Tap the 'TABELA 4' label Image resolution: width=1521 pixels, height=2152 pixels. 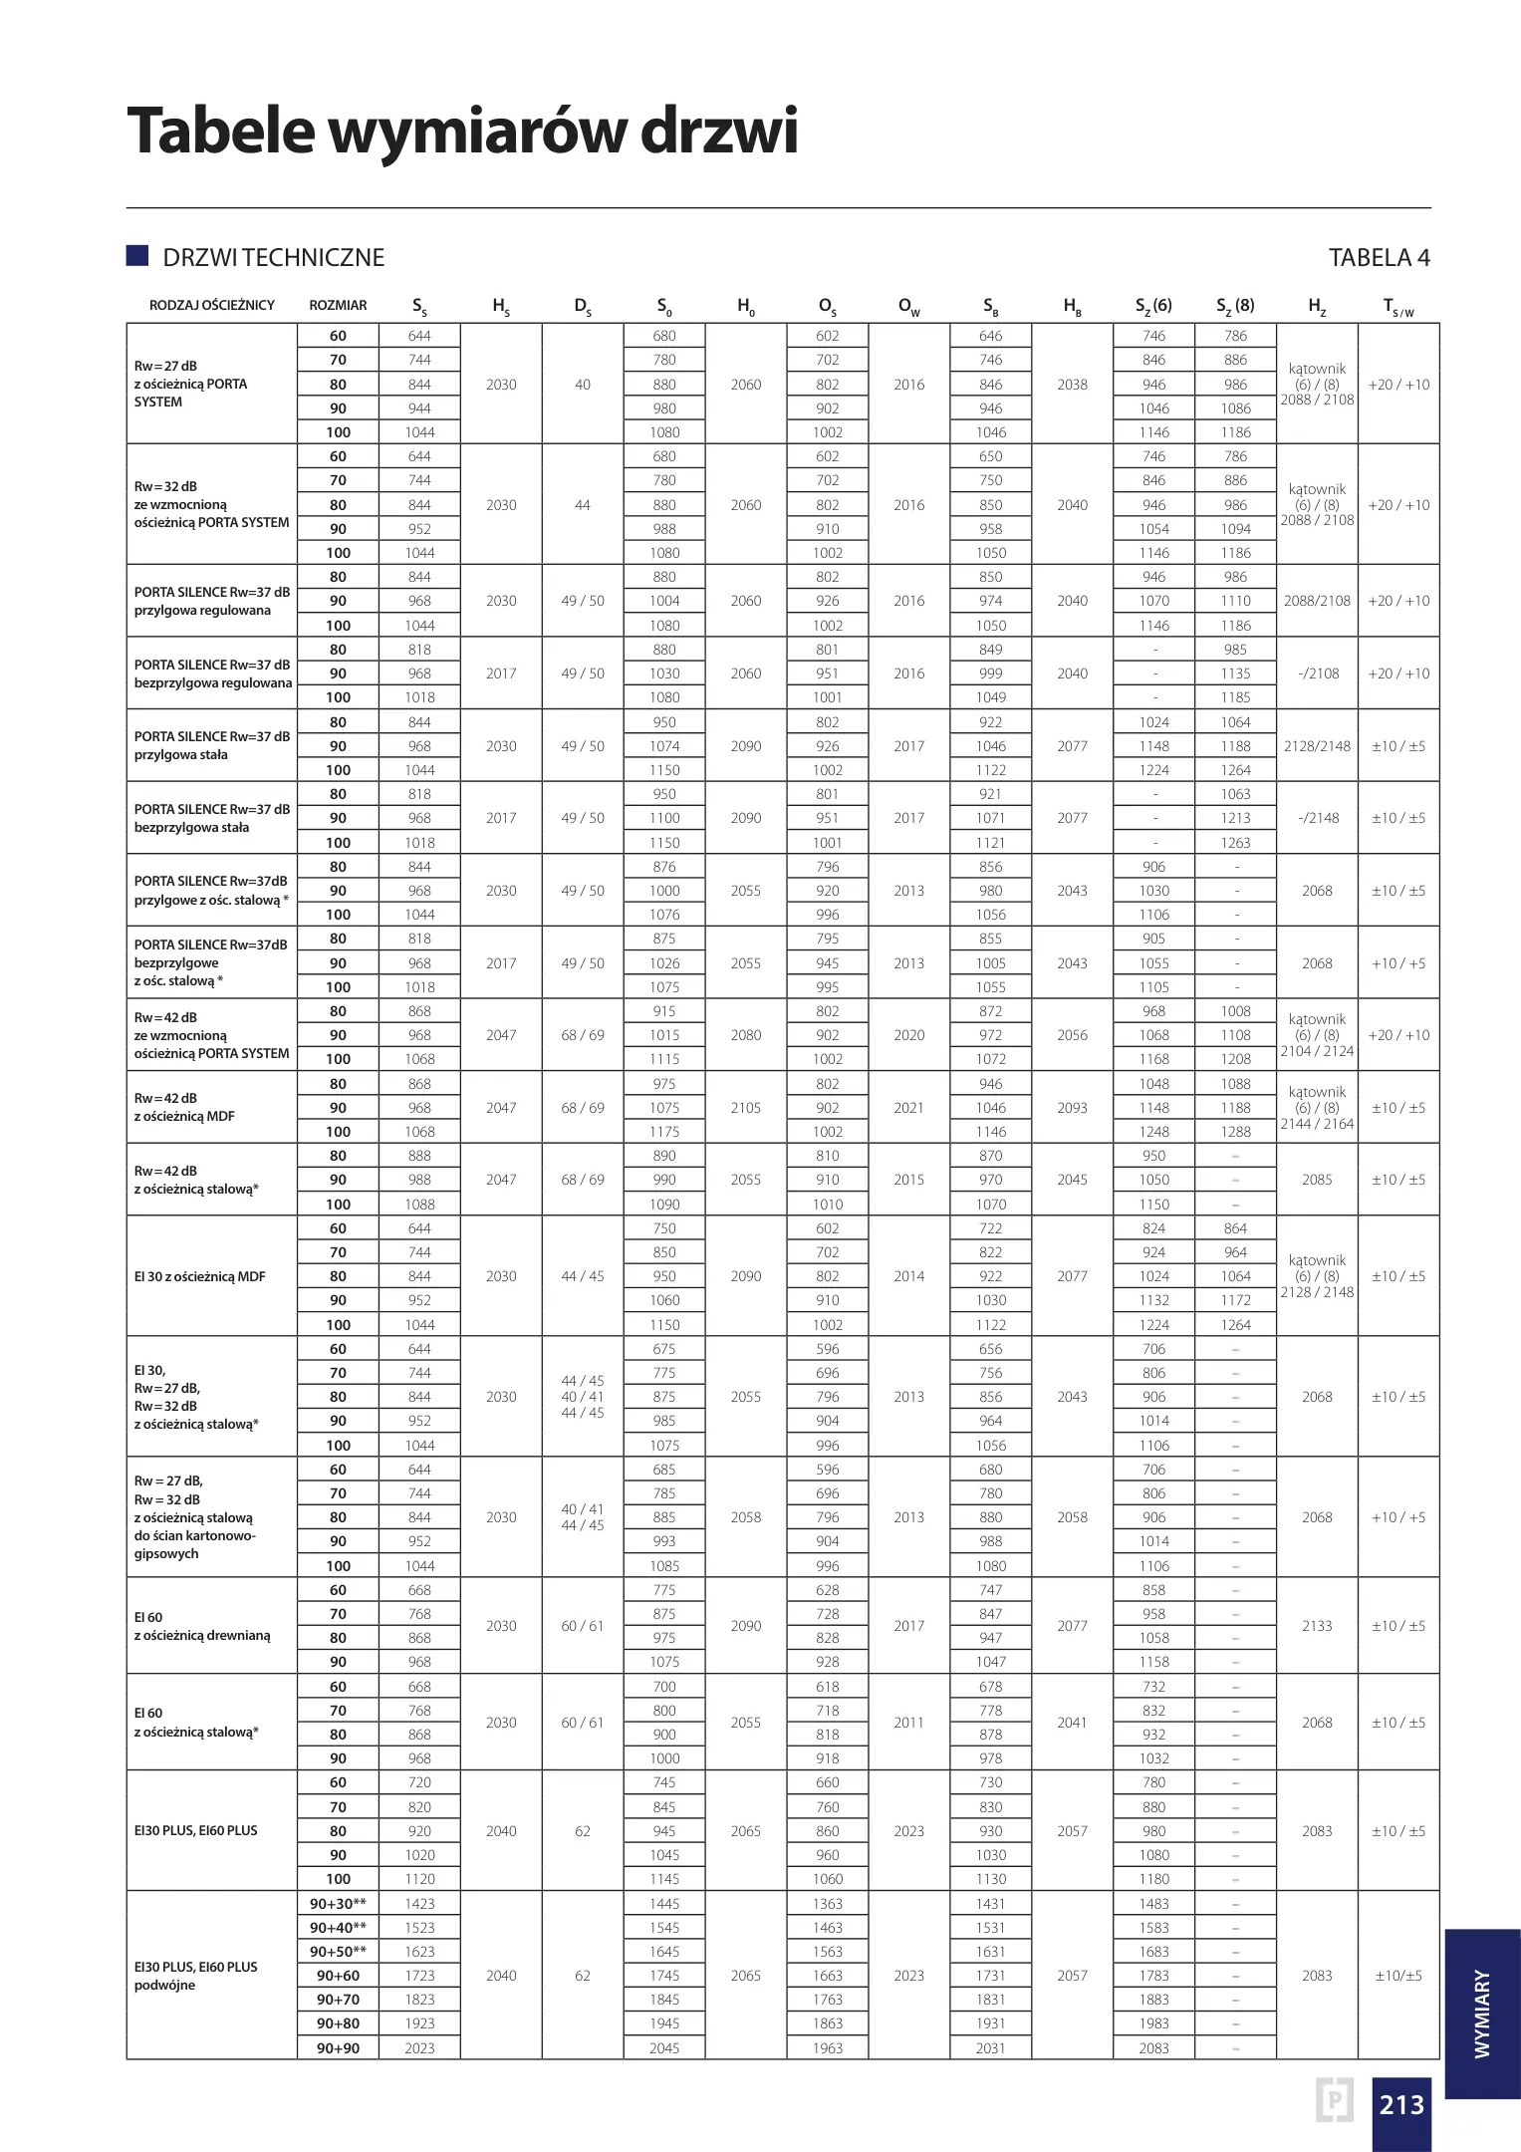coord(1379,258)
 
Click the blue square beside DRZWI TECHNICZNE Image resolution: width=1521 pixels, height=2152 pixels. coord(137,256)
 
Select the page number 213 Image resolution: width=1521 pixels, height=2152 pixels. coord(1400,2103)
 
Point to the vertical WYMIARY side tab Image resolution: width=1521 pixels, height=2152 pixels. coord(1482,2013)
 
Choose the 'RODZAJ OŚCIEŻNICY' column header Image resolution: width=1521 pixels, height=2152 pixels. coord(212,305)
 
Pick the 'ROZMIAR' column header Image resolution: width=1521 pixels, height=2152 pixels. coord(338,305)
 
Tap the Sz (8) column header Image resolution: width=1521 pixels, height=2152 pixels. coord(1235,306)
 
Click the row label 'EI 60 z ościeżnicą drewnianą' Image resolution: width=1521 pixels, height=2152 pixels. coord(202,1626)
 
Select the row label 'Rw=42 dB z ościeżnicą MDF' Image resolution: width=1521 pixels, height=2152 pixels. coord(184,1107)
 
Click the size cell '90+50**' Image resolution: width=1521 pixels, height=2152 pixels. coord(338,1951)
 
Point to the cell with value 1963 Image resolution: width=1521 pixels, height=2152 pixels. coord(827,2047)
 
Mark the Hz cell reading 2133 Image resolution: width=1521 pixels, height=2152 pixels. coord(1317,1626)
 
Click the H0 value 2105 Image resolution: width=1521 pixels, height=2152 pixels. coord(745,1107)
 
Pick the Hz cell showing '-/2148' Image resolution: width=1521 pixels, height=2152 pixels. coord(1317,818)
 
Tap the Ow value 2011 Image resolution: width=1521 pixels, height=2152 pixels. coord(908,1722)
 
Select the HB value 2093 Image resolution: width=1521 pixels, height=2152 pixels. coord(1072,1107)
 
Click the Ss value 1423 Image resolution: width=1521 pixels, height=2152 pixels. coord(419,1903)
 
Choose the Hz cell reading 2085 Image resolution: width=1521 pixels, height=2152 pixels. coord(1317,1180)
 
